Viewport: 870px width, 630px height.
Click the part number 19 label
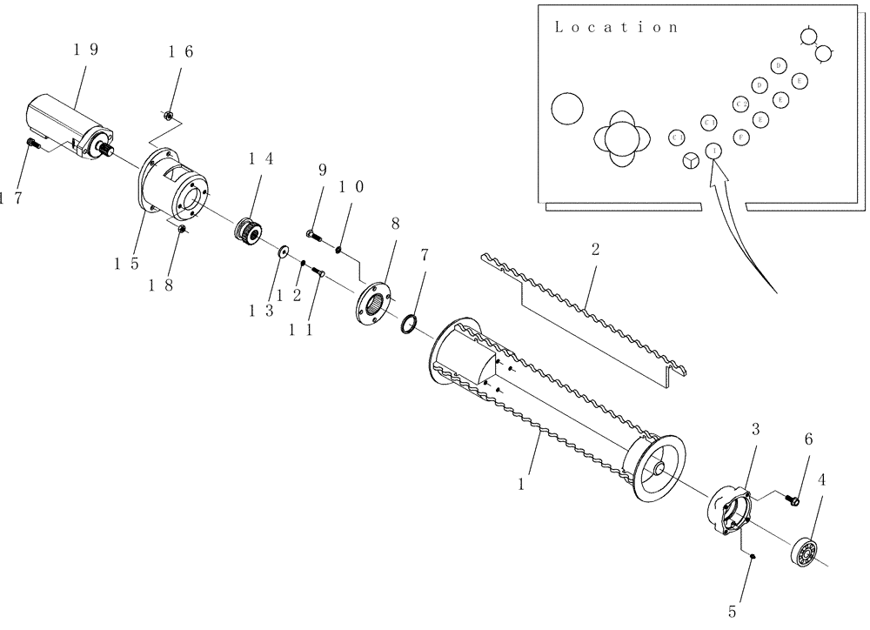pyautogui.click(x=85, y=50)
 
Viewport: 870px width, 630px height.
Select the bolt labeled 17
pyautogui.click(x=32, y=144)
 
